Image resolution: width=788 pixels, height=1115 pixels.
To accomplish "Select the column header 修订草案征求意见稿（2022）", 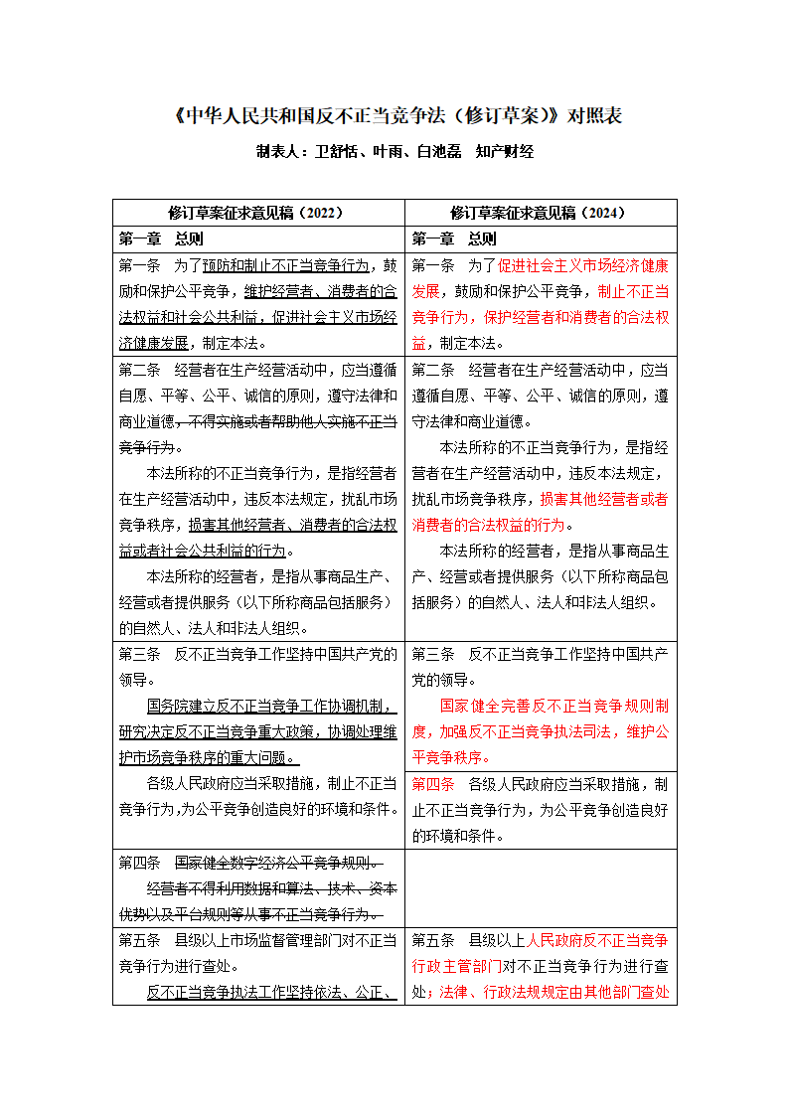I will tap(257, 213).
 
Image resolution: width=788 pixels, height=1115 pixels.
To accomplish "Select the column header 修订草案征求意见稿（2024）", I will tap(540, 213).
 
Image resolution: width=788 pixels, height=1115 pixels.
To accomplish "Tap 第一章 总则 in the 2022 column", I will tap(161, 239).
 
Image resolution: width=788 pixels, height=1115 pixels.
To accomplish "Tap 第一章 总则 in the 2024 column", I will tap(454, 239).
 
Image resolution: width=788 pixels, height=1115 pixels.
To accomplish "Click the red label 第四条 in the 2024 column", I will tap(432, 783).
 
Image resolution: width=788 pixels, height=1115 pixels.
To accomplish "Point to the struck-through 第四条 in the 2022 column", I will tap(140, 862).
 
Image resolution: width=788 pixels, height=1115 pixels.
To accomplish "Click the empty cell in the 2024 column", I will tap(540, 887).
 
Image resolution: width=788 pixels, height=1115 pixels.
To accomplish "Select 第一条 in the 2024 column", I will tap(432, 266).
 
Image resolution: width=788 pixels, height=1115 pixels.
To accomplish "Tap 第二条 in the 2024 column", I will tap(432, 370).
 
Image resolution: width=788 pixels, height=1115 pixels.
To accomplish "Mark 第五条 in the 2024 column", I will tap(432, 939).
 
